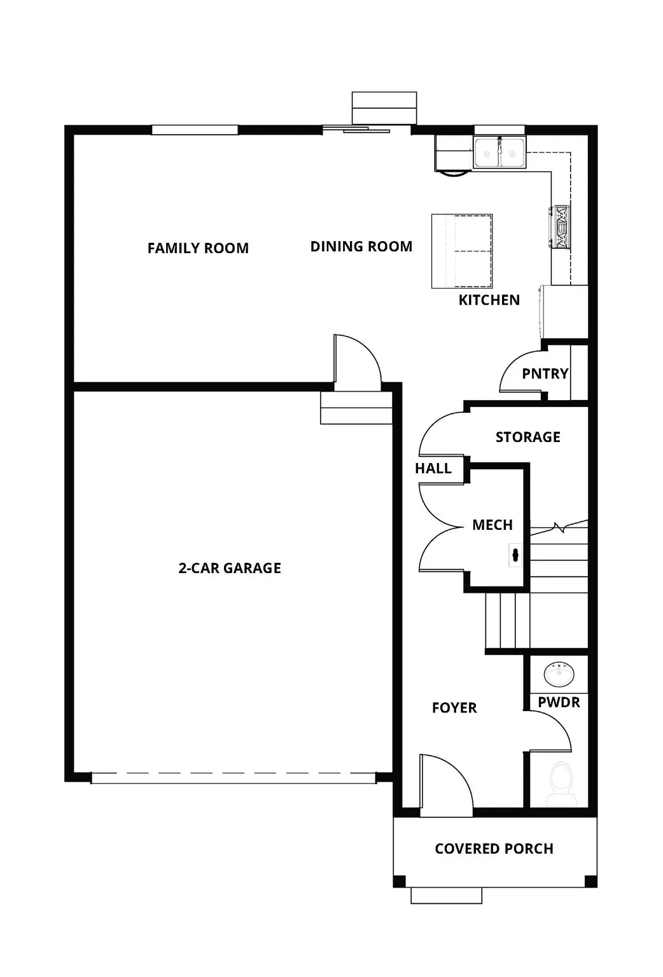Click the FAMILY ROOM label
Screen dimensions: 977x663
tap(198, 248)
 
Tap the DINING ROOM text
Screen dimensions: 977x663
tap(361, 246)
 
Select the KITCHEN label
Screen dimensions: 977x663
tap(489, 300)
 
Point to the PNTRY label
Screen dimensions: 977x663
tap(545, 373)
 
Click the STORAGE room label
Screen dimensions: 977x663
tap(527, 437)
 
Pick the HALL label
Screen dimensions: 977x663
tap(433, 468)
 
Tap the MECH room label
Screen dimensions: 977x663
tap(492, 525)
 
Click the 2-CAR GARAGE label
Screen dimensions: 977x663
tap(229, 568)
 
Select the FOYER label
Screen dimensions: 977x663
tap(454, 707)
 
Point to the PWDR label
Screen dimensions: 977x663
tap(559, 702)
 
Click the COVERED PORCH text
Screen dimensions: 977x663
tap(494, 849)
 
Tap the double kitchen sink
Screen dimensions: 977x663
tap(499, 153)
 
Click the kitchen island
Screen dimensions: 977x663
tap(462, 251)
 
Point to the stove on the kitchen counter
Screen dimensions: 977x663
tap(561, 226)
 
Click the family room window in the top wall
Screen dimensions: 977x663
tap(195, 130)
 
